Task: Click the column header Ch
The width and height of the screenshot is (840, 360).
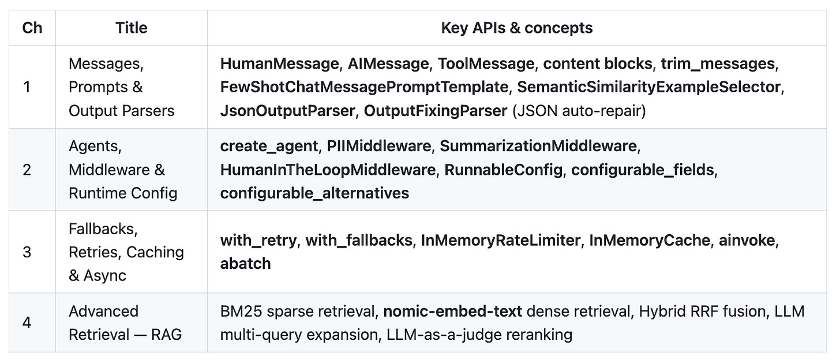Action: [32, 28]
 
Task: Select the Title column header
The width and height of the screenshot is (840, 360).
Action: [132, 28]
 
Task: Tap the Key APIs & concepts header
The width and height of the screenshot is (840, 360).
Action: [517, 28]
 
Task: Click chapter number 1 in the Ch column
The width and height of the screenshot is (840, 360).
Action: [27, 87]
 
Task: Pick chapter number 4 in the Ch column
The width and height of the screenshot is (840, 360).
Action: [27, 322]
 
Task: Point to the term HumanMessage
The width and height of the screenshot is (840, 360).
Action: [279, 63]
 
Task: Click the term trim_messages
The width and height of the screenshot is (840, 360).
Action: [717, 63]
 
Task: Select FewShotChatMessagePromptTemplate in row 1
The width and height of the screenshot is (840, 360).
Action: [364, 87]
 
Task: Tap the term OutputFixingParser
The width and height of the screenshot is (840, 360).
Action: [436, 111]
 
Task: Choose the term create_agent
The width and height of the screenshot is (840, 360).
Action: [269, 147]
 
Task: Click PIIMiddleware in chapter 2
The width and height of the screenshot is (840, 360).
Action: [378, 146]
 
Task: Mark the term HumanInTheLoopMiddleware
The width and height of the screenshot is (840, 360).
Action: [328, 170]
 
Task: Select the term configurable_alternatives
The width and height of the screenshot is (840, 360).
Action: [314, 193]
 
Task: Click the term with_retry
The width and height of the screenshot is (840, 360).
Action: [258, 241]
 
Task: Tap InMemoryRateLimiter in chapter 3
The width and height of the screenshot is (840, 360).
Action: [501, 240]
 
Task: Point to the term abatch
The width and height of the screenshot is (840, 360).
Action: [245, 263]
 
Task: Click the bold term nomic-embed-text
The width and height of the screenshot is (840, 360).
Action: [453, 312]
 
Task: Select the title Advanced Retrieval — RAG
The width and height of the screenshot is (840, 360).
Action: [125, 323]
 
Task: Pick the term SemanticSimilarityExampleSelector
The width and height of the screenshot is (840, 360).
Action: [648, 87]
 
